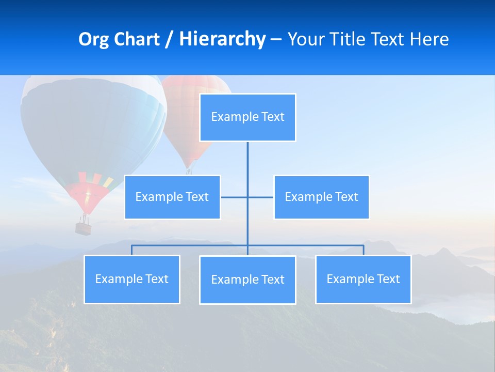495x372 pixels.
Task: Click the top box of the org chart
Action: coord(247,117)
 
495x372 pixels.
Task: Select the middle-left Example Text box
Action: coord(172,197)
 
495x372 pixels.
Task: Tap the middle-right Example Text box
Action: coord(321,197)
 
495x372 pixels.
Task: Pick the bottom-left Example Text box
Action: coord(131,279)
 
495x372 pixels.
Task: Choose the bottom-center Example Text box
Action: coord(247,280)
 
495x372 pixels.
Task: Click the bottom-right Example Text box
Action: coord(363,279)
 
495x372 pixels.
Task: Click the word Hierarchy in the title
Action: coord(222,39)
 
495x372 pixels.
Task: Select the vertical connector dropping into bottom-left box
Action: coord(131,250)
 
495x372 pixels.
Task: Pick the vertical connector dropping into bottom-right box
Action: coord(364,250)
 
